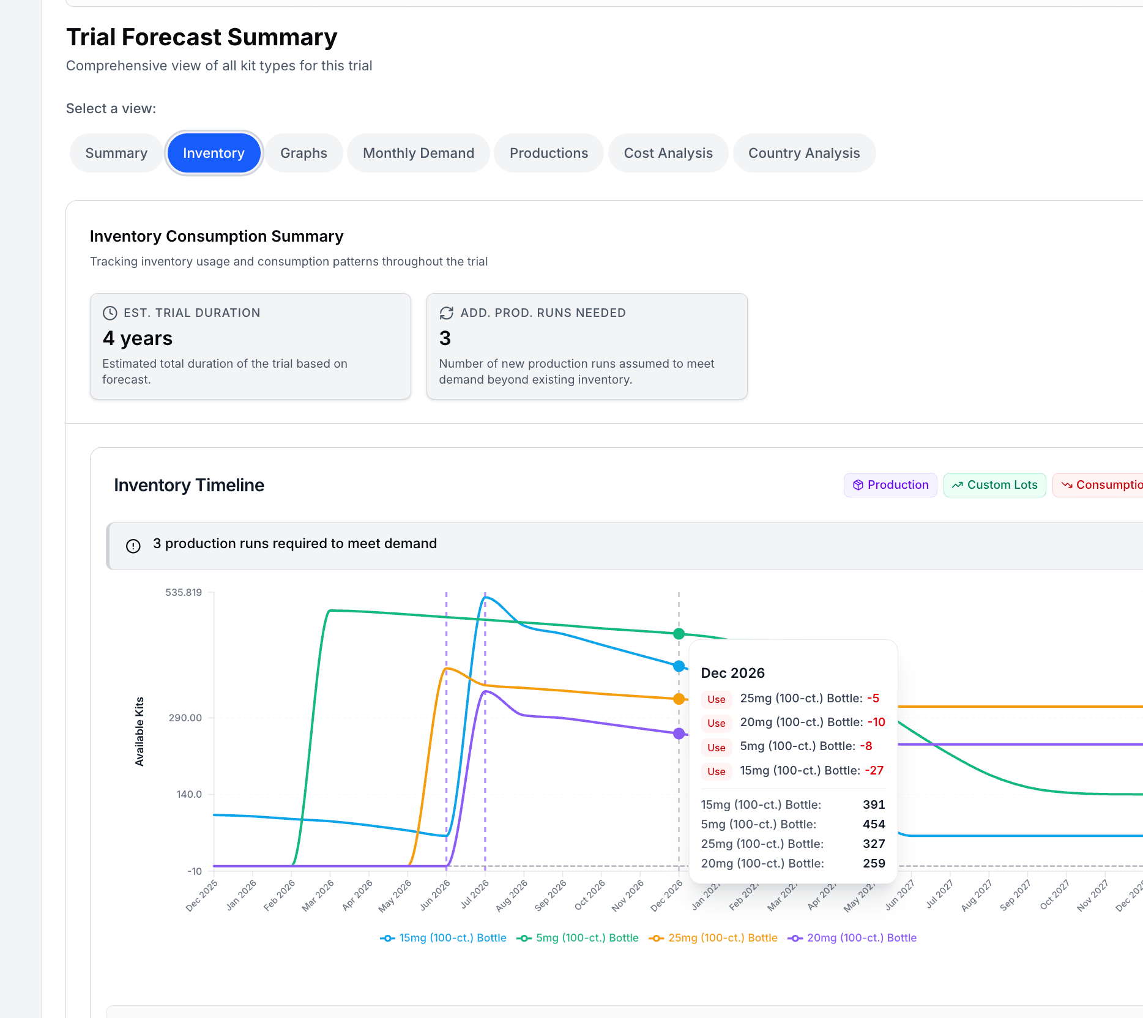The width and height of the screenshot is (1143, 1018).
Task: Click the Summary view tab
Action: click(116, 153)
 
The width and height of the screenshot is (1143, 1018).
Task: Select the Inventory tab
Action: click(214, 153)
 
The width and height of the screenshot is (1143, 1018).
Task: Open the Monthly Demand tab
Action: click(418, 153)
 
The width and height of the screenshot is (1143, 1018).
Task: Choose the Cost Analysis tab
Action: click(668, 153)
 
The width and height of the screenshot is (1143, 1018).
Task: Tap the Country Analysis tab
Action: click(803, 153)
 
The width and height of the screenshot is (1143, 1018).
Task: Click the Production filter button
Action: click(890, 485)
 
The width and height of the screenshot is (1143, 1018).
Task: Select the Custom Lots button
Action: click(994, 485)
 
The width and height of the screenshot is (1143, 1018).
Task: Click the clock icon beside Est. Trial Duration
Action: click(110, 313)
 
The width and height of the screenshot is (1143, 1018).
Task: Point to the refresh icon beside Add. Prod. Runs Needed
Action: click(447, 313)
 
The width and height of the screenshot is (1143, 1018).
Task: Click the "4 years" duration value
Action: click(138, 338)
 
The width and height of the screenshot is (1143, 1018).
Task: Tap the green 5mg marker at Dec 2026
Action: click(679, 634)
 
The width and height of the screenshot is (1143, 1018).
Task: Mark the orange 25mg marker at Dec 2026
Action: click(679, 699)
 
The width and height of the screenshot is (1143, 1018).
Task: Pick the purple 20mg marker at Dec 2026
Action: click(679, 734)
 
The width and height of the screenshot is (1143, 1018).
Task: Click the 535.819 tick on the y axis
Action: click(184, 592)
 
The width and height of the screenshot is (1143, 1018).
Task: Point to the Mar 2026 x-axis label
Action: click(318, 896)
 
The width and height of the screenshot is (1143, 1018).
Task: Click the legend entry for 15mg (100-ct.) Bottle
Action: click(444, 938)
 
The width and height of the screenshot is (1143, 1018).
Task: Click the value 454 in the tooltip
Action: click(874, 824)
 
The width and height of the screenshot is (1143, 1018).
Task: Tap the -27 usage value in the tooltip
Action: click(874, 770)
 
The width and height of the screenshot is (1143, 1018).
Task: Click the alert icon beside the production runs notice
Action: click(133, 546)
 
